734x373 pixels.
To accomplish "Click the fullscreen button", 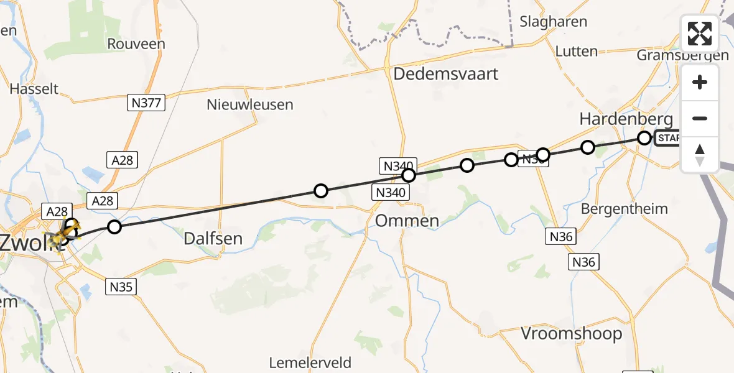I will click(700, 34).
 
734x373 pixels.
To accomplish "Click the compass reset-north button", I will click(700, 154).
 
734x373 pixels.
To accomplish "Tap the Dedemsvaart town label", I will click(445, 74).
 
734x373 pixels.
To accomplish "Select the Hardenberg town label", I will click(626, 119).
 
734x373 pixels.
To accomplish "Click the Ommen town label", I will click(407, 221).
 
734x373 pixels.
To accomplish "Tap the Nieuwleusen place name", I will click(249, 104).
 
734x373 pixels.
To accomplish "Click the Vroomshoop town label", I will click(571, 334).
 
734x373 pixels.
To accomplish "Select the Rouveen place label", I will click(136, 44).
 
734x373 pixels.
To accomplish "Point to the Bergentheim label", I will click(624, 208).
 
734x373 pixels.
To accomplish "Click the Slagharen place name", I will click(554, 22).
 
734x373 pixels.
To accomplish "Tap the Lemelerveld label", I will click(310, 362).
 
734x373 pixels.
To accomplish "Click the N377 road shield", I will click(146, 103).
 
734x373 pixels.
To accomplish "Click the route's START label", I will click(668, 138).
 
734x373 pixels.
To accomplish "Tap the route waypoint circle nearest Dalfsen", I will click(320, 191).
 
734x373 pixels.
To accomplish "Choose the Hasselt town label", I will click(34, 89).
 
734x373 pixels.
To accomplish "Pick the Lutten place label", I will click(576, 52).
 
